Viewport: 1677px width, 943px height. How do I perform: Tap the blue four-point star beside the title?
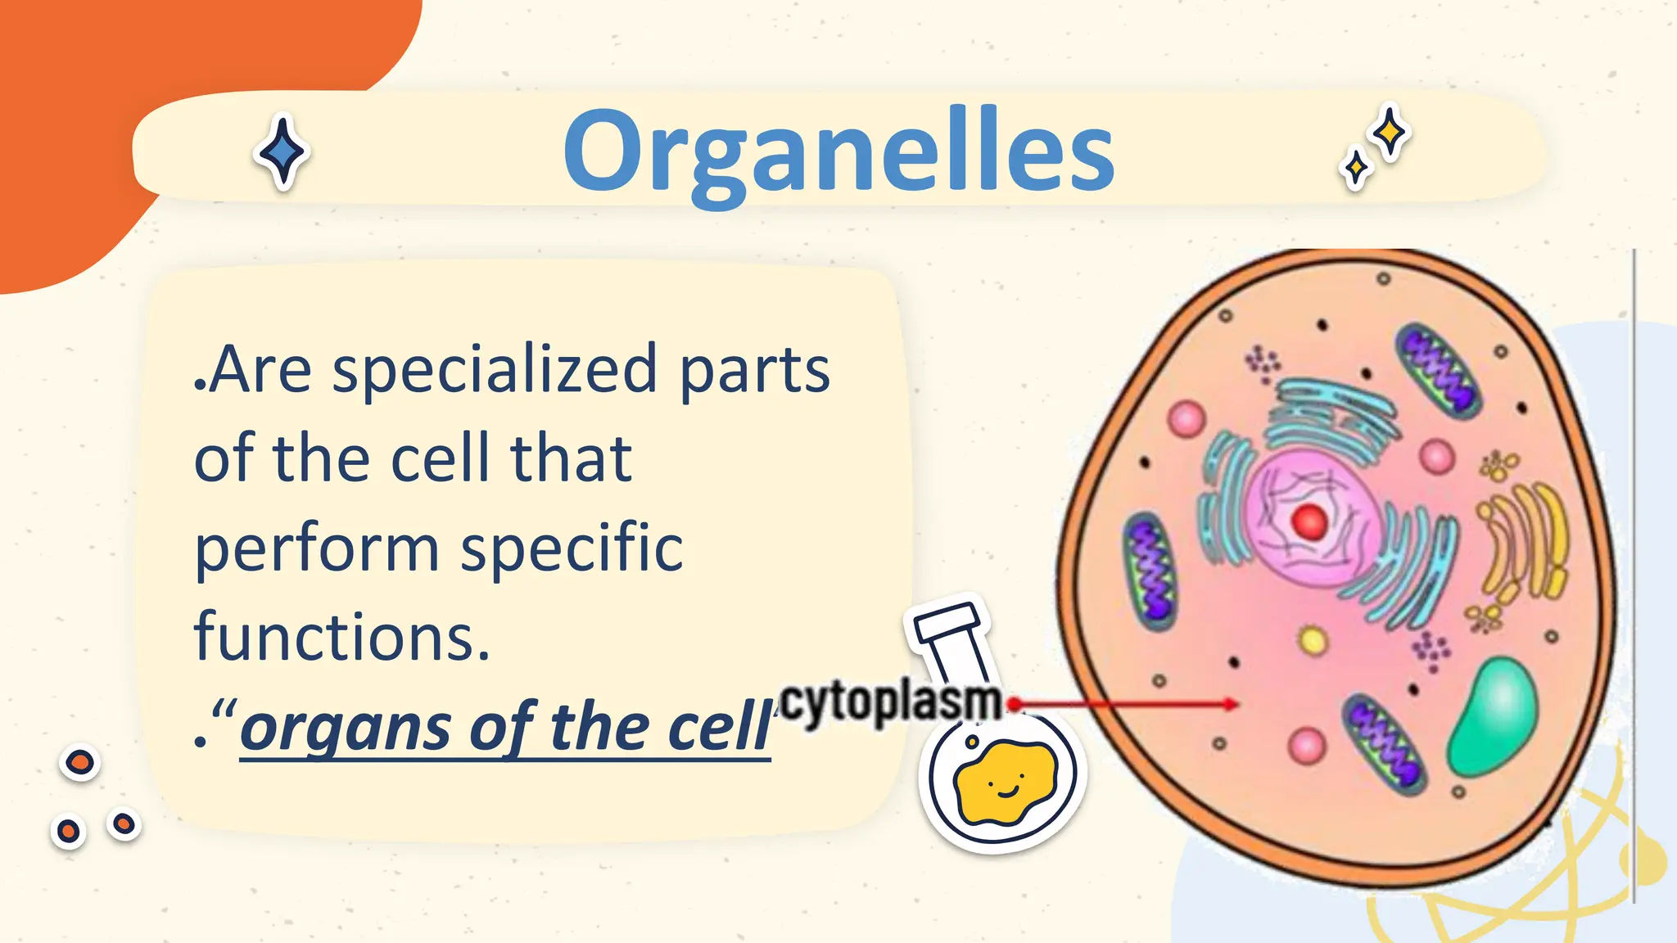(x=283, y=152)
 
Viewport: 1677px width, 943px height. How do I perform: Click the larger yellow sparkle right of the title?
(x=1390, y=132)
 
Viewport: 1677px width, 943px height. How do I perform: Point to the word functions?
(x=341, y=637)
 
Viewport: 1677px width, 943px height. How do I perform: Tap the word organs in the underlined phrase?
(x=345, y=727)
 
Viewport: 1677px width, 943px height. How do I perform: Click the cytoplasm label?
(x=890, y=702)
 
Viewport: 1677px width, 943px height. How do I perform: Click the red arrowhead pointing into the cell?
(x=1231, y=704)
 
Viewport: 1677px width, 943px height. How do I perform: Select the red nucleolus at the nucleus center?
(x=1309, y=521)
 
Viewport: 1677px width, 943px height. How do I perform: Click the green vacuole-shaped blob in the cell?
(x=1493, y=715)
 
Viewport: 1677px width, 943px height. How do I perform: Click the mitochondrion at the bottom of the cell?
(x=1385, y=744)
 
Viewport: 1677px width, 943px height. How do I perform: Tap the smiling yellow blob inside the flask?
(x=1006, y=782)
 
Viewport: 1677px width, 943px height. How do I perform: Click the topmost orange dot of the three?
(x=80, y=763)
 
